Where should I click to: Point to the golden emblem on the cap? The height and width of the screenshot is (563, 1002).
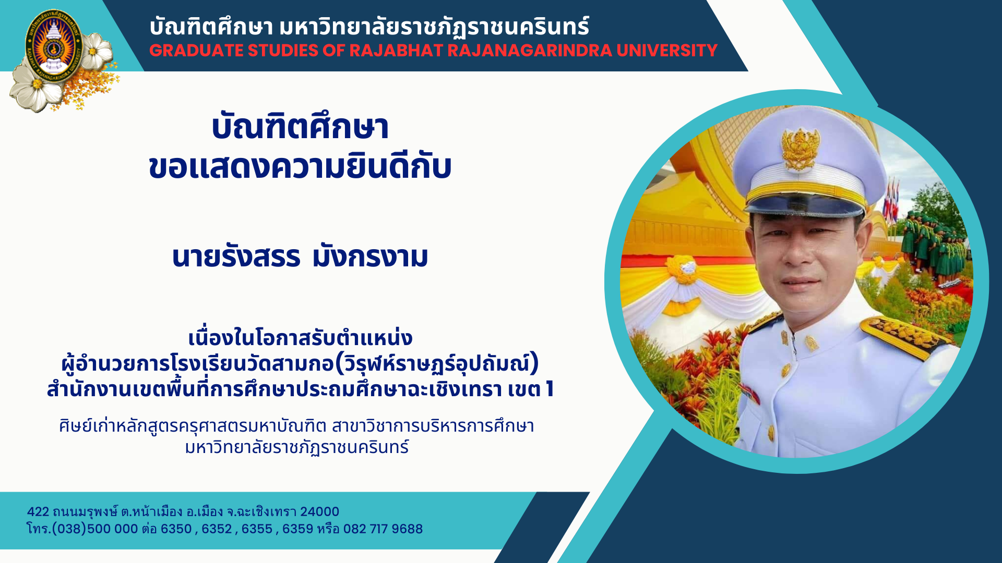[800, 148]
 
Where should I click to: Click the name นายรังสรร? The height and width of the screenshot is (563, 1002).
[236, 256]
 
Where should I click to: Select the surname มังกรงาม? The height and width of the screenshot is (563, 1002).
[370, 256]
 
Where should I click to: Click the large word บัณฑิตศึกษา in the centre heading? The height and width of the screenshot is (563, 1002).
[300, 127]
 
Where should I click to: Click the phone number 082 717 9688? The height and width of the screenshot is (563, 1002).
[383, 529]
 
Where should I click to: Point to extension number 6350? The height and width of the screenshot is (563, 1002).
[176, 529]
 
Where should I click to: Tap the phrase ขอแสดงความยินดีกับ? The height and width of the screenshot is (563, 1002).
[300, 167]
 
